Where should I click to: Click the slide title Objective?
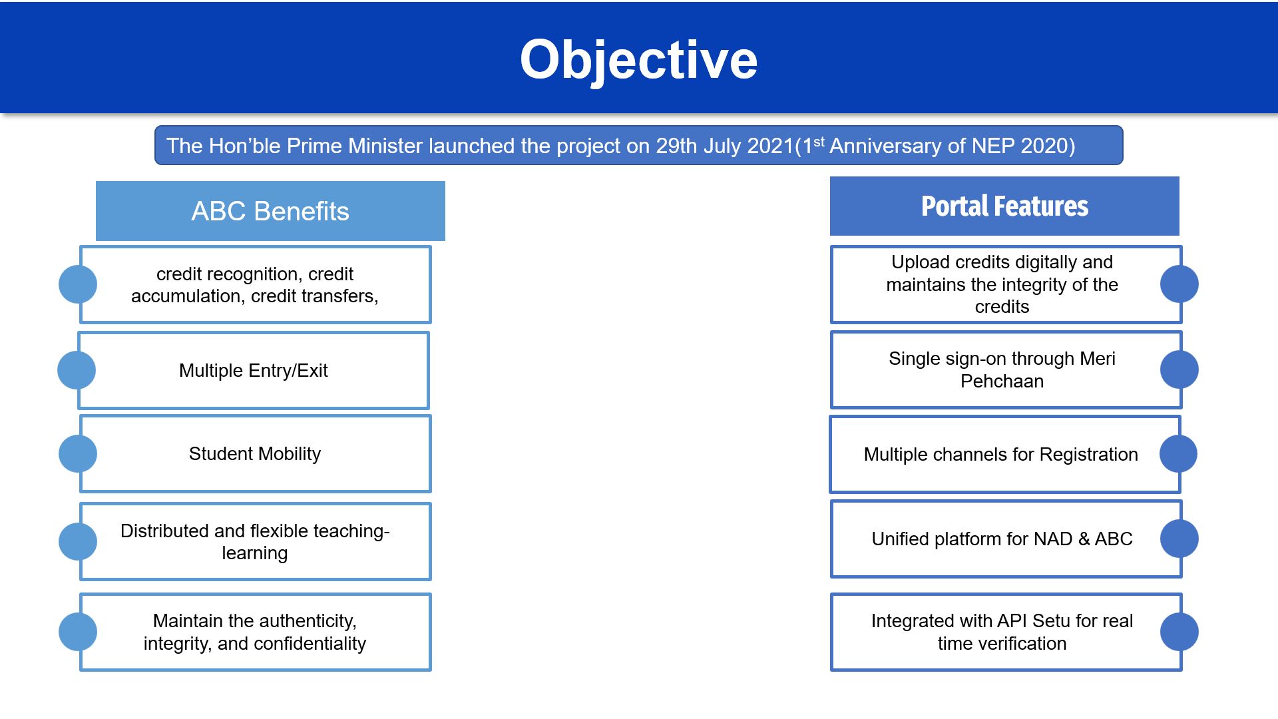638,60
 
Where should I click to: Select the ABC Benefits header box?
270,211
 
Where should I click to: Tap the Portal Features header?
1004,206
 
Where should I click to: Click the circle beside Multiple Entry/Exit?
77,370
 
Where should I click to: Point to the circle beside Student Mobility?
78,454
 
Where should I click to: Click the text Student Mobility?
255,454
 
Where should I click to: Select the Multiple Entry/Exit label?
254,371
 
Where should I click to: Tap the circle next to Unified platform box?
1179,539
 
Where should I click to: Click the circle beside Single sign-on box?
1179,369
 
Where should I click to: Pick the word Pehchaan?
1002,381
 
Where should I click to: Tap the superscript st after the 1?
819,141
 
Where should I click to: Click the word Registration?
1088,455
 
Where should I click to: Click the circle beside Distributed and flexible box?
78,541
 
